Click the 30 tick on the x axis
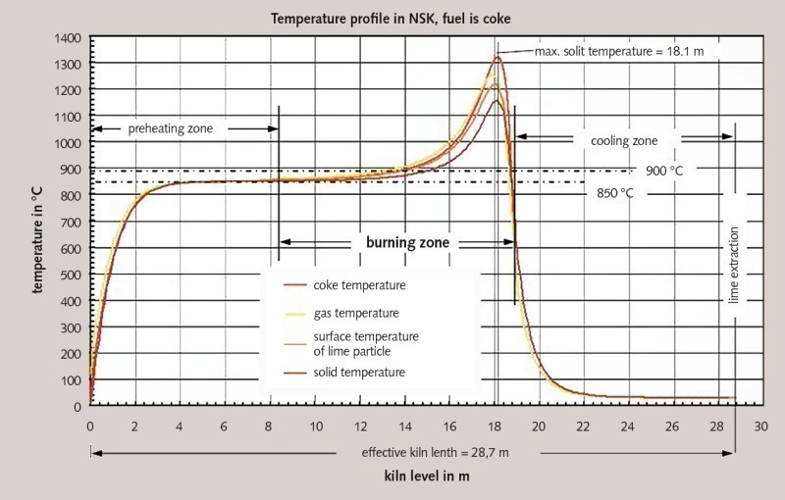click(x=760, y=426)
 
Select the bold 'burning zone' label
click(x=397, y=240)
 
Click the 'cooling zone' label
click(x=624, y=141)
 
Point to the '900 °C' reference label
click(x=663, y=171)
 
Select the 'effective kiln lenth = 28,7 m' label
click(x=422, y=453)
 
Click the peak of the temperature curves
click(x=497, y=58)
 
